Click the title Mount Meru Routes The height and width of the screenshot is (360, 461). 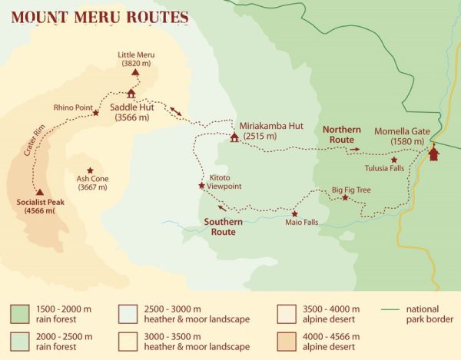pos(99,16)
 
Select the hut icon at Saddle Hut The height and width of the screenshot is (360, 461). pos(131,94)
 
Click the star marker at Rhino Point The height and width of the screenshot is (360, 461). pos(96,113)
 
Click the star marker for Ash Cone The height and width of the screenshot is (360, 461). pos(91,170)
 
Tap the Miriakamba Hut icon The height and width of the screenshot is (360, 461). pos(234,137)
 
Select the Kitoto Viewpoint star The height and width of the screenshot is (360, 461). pos(201,185)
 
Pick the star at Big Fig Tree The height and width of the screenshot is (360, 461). pos(345,197)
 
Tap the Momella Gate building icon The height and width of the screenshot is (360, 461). pos(434,154)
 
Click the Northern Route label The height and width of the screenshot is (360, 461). pos(340,134)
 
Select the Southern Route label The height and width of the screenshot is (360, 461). pos(224,226)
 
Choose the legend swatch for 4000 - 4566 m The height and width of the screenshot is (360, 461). pos(286,341)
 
